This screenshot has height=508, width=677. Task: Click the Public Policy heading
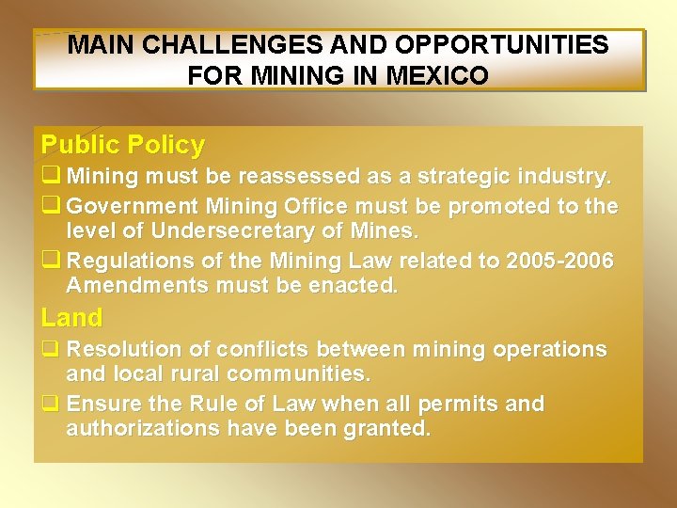click(122, 145)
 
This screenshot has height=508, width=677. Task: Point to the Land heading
click(71, 318)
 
